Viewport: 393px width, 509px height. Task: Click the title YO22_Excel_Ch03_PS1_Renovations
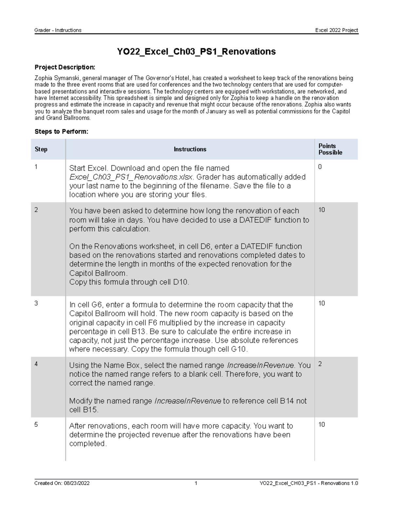[x=196, y=51]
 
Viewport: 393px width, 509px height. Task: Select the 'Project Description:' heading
[x=65, y=67]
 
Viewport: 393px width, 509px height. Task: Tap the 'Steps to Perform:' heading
[x=61, y=131]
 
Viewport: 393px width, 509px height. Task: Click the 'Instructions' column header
[x=190, y=149]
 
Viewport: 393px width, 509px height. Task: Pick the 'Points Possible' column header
[x=330, y=149]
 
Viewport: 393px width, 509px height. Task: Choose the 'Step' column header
[x=41, y=149]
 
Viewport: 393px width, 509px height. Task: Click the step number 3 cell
[x=36, y=303]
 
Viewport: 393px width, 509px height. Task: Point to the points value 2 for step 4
[x=320, y=364]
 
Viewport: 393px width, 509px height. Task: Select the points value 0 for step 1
[x=320, y=167]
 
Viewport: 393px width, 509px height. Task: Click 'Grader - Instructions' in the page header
[x=58, y=30]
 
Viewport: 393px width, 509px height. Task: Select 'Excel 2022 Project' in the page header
[x=336, y=30]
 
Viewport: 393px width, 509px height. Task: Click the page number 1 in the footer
[x=196, y=483]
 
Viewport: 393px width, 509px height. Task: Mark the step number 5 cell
[x=36, y=424]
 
